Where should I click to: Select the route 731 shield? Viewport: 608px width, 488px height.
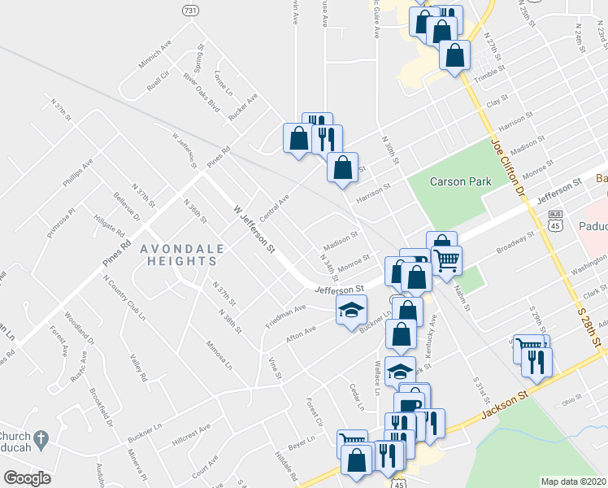coord(189,10)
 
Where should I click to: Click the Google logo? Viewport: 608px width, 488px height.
coord(27,477)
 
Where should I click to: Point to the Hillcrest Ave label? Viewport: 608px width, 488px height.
coord(190,438)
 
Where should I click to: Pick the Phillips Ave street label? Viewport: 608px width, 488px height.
coord(82,174)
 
